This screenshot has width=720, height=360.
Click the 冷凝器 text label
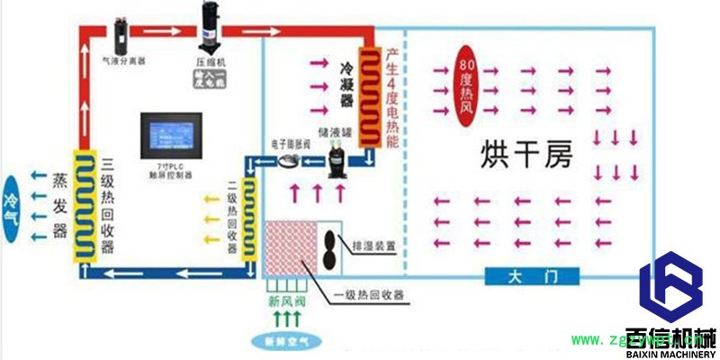pos(346,86)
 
